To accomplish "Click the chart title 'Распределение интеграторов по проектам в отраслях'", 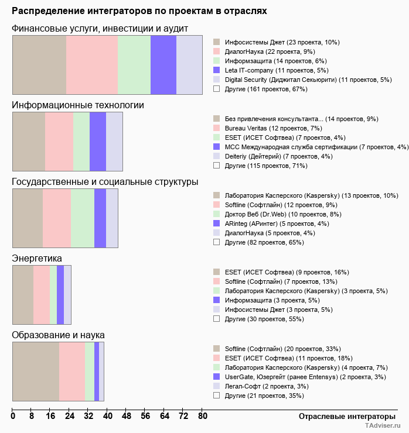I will (139, 11).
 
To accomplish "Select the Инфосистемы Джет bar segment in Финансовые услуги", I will (39, 64).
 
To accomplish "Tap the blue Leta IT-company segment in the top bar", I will (163, 64).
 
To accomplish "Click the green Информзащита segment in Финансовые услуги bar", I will (134, 64).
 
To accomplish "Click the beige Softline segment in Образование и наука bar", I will (36, 372).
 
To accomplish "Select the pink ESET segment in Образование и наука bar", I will (72, 372).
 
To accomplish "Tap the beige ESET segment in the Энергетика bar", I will (23, 295).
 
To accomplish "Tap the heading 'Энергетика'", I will (37, 258).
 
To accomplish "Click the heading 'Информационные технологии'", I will (78, 105).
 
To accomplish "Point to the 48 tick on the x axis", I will (126, 417).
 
